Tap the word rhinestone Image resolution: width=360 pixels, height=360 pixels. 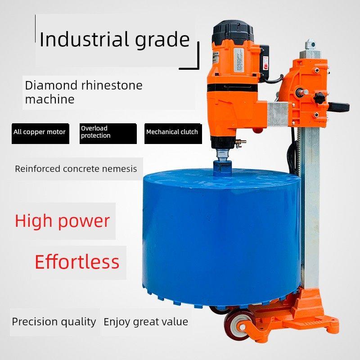112,85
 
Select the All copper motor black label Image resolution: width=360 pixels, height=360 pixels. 40,134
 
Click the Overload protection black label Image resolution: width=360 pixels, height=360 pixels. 108,134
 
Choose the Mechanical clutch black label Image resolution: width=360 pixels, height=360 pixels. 173,134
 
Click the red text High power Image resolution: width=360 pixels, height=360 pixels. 62,221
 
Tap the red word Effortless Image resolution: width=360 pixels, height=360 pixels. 77,261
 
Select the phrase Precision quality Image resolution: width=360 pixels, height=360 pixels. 54,322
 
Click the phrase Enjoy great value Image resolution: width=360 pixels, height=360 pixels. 146,322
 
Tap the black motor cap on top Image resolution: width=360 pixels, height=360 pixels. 233,32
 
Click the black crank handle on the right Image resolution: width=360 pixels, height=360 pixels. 339,107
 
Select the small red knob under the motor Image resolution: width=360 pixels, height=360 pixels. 257,130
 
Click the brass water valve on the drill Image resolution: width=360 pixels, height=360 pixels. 240,142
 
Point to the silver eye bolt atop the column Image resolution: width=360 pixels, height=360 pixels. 310,45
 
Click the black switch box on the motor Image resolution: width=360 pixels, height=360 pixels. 265,62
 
